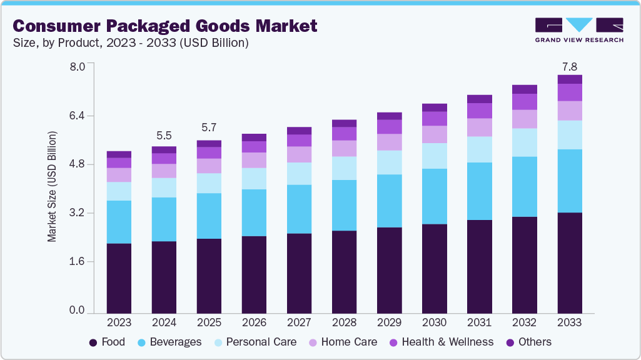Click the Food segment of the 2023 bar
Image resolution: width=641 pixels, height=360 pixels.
(119, 278)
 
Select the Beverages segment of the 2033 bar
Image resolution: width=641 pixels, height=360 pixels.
(569, 181)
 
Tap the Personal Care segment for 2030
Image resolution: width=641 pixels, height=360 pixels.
(434, 156)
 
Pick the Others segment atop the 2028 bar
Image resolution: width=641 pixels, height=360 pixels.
(344, 123)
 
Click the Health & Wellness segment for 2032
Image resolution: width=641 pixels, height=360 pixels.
(524, 102)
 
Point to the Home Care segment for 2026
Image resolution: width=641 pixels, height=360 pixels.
(254, 160)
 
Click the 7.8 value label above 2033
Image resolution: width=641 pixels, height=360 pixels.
(569, 66)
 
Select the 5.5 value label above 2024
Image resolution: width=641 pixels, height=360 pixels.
(164, 136)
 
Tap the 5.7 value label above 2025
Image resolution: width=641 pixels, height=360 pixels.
(209, 127)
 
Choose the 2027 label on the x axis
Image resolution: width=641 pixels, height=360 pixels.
(299, 322)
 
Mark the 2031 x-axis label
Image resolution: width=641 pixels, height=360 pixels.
(479, 322)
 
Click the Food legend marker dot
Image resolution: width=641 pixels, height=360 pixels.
(93, 342)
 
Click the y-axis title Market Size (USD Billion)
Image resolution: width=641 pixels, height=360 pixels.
(53, 187)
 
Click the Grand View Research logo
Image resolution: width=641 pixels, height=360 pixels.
(578, 30)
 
